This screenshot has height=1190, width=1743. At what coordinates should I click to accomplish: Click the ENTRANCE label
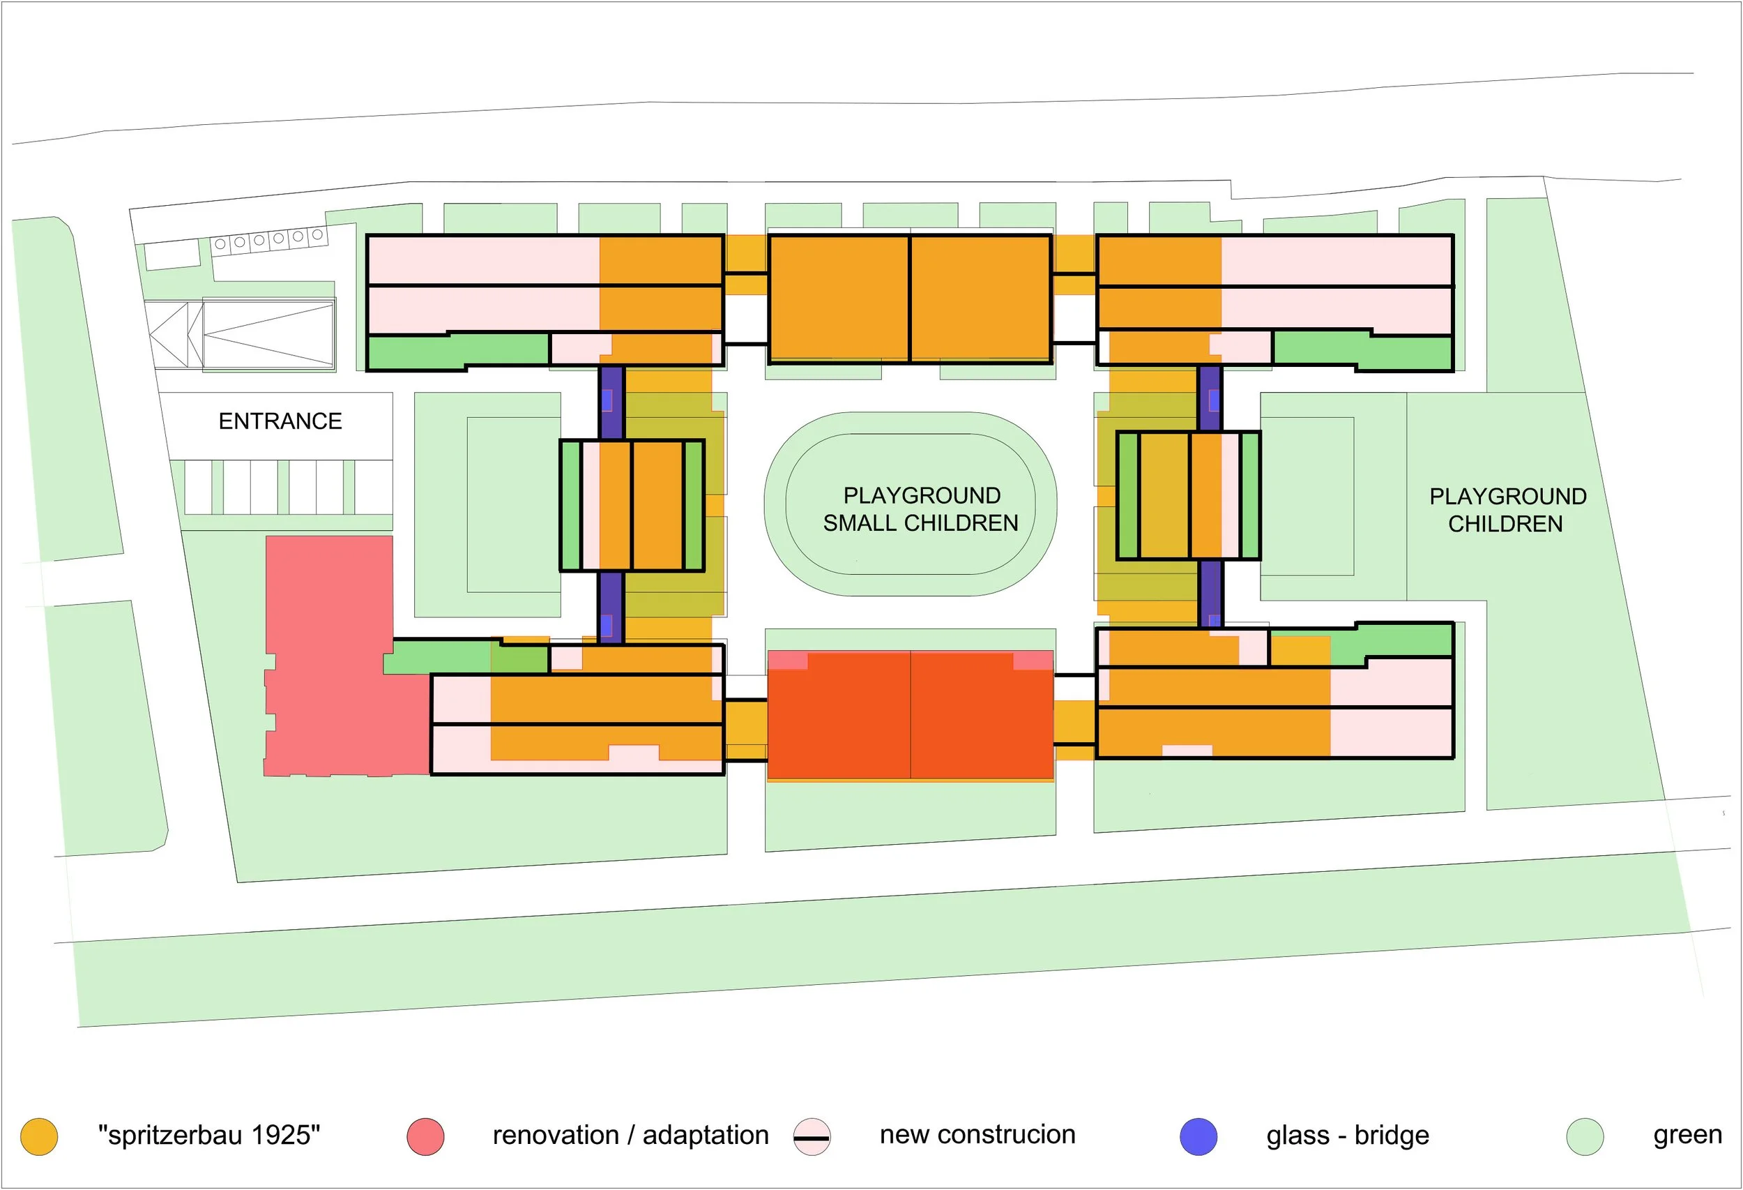(280, 421)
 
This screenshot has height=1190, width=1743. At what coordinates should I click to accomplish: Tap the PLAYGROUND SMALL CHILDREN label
(921, 509)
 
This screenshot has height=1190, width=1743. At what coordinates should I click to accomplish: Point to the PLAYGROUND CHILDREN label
(1507, 509)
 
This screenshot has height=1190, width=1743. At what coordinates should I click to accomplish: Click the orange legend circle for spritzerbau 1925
(39, 1136)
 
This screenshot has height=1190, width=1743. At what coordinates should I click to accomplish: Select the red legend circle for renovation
(425, 1136)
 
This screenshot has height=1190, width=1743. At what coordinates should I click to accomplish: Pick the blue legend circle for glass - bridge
(1198, 1136)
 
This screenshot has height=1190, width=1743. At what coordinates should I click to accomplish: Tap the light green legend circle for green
(1585, 1136)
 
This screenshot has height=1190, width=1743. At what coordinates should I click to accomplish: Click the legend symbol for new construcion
(812, 1137)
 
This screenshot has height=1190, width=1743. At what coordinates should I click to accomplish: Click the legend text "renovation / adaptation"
(630, 1135)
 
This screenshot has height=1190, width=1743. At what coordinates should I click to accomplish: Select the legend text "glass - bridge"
(1347, 1135)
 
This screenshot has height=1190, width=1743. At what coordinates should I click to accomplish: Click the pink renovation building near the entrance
(330, 653)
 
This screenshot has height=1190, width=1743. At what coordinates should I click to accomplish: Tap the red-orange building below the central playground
(910, 715)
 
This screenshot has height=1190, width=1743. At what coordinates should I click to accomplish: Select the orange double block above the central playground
(909, 299)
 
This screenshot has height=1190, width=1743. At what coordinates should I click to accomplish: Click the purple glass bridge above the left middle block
(611, 402)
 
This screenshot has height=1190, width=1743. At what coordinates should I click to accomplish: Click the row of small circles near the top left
(268, 239)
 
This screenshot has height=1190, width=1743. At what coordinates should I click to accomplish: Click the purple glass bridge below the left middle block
(611, 606)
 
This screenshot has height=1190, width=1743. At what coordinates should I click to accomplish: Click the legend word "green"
(1687, 1135)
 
